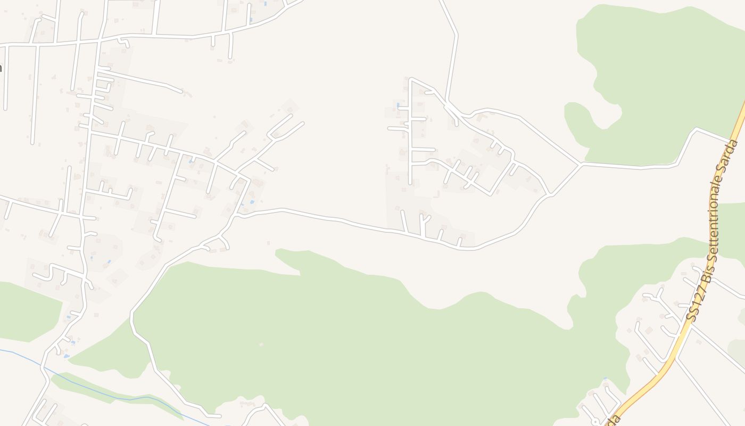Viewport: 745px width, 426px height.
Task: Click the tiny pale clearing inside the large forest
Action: [261, 345]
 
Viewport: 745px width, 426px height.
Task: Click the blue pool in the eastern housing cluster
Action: [398, 104]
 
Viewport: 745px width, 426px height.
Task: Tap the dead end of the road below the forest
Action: [219, 415]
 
